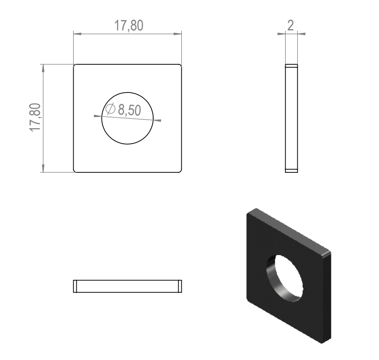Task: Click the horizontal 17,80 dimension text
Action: point(129,25)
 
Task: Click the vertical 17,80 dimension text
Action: point(35,117)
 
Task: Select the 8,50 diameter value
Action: point(129,110)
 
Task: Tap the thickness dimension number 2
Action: point(291,25)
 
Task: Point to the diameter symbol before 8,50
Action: point(110,109)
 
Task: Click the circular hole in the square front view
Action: point(127,92)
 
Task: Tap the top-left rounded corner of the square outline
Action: point(75,65)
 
